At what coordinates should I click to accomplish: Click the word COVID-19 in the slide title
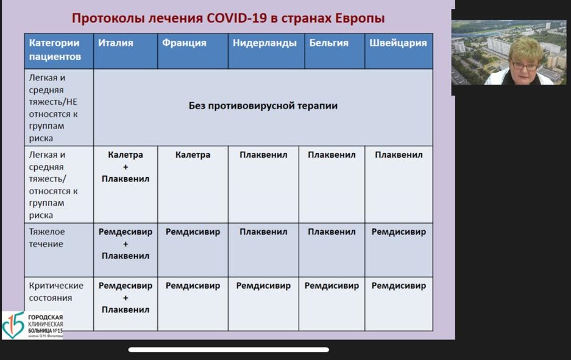(236, 18)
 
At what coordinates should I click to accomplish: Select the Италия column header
(115, 43)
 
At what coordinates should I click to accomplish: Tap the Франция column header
(184, 43)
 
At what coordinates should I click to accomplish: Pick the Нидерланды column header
(264, 43)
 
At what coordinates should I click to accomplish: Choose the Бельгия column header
(329, 43)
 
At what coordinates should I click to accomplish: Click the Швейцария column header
(398, 43)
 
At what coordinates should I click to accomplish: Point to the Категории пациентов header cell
(55, 49)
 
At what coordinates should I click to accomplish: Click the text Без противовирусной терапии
(263, 106)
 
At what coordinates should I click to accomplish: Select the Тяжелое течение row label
(46, 238)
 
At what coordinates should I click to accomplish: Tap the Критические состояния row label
(56, 292)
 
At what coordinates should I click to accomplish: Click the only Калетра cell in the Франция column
(193, 155)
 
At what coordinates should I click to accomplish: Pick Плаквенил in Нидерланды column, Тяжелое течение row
(263, 232)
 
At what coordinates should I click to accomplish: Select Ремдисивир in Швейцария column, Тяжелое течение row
(399, 232)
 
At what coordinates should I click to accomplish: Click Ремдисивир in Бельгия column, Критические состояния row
(332, 286)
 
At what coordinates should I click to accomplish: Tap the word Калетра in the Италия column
(126, 155)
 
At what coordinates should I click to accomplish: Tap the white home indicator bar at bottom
(229, 350)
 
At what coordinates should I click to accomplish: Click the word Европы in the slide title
(360, 18)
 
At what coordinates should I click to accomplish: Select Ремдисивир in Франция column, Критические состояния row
(193, 286)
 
